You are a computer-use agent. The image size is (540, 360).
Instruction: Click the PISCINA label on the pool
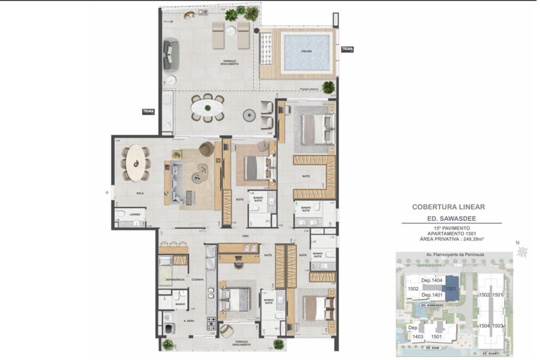point(306,51)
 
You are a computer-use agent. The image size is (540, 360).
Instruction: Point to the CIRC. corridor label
point(245,236)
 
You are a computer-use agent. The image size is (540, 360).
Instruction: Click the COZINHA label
point(197,279)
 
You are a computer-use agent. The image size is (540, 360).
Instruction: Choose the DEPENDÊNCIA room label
point(175,279)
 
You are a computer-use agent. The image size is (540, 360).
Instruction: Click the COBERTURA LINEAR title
point(448,206)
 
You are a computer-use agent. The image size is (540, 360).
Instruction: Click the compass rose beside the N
point(523,251)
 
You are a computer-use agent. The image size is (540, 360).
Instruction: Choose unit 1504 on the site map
point(484,325)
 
